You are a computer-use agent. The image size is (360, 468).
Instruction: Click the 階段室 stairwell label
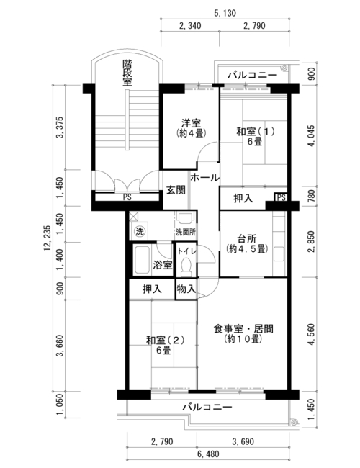point(127,73)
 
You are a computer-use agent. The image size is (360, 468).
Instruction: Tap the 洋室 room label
point(192,122)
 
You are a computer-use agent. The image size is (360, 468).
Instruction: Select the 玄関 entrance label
point(176,190)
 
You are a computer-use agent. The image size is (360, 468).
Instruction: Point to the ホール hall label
point(204,178)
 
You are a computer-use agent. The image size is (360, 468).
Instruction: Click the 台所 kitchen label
point(246,239)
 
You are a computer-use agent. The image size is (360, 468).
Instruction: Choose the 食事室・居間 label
point(243,329)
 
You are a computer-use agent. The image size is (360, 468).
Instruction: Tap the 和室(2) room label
point(165,340)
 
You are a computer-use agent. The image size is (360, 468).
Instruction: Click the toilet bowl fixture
point(186,266)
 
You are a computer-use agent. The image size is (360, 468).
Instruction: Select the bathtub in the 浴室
point(142,260)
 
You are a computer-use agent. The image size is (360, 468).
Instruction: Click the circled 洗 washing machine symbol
point(140,231)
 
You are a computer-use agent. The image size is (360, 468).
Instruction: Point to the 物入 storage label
point(186,289)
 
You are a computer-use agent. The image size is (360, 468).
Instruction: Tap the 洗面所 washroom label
point(186,232)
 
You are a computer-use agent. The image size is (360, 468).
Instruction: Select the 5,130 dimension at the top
point(225,13)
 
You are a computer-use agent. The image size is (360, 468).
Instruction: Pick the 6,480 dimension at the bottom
point(208,454)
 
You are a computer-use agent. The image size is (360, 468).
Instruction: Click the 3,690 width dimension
point(243,441)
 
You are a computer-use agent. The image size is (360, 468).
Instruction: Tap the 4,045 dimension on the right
point(311,135)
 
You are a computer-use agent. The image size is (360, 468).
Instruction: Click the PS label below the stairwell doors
point(127,197)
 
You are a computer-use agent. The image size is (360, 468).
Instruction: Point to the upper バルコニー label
point(253,75)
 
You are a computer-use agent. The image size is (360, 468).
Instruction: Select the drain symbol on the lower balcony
point(294,422)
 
